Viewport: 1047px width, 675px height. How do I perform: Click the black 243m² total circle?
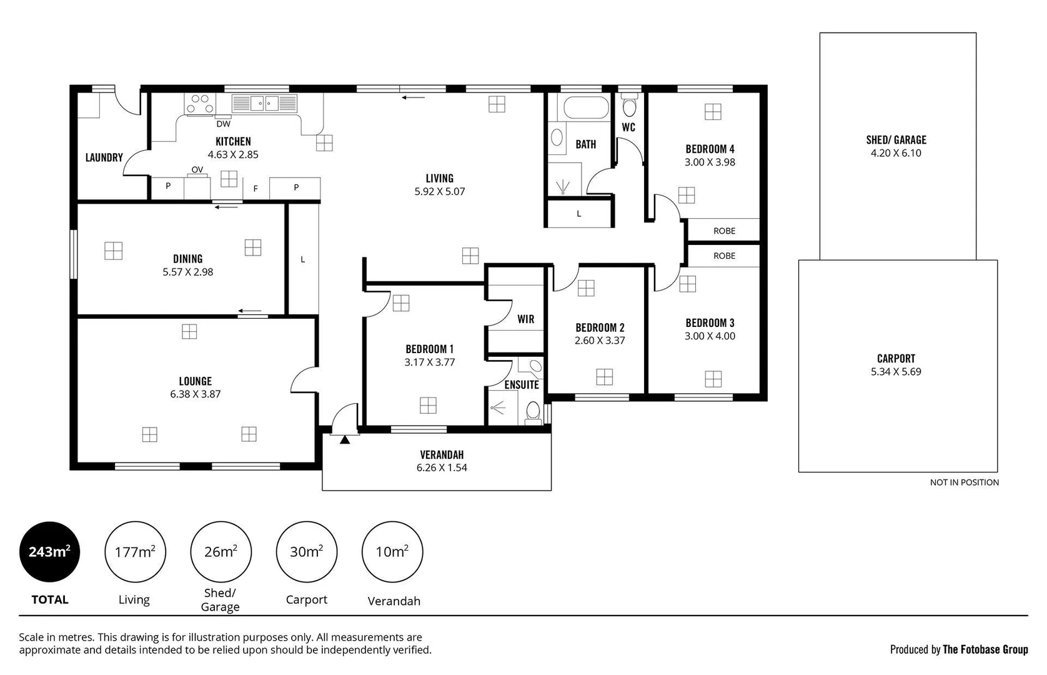(x=49, y=552)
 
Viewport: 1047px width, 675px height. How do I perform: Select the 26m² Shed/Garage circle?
(x=221, y=552)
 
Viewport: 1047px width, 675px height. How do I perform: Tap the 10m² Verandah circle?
(x=392, y=552)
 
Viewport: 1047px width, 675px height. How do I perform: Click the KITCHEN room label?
(x=233, y=142)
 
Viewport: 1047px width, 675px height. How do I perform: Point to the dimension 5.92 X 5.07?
(x=440, y=192)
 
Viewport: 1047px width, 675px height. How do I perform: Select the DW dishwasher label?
(x=223, y=124)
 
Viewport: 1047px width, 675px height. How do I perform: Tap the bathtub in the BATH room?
(x=586, y=107)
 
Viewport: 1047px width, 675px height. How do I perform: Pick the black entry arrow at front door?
(x=345, y=439)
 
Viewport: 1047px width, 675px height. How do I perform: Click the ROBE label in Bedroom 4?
(x=724, y=231)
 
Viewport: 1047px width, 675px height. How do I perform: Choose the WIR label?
(x=525, y=319)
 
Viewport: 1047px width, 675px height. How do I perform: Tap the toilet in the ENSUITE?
(x=533, y=412)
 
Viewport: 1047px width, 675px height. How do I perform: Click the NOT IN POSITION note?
(x=964, y=482)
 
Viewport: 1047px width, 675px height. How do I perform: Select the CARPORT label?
(x=896, y=359)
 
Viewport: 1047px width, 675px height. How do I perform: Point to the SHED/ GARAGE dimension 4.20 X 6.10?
(x=896, y=153)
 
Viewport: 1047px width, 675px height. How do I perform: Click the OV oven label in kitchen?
(x=197, y=170)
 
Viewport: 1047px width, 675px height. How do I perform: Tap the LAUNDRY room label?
(x=104, y=157)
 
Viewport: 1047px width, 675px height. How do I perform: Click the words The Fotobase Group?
(x=985, y=650)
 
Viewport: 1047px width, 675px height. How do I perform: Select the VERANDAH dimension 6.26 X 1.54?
(x=442, y=468)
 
